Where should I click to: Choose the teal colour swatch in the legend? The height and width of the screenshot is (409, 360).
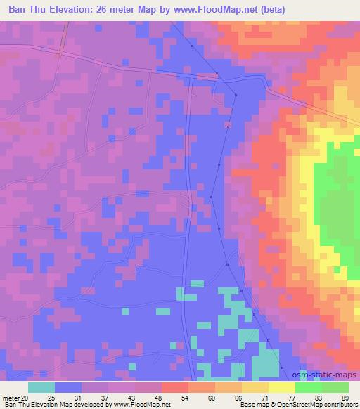(41, 387)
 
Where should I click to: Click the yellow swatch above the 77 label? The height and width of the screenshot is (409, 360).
(281, 387)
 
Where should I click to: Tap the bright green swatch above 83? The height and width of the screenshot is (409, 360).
(309, 387)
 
